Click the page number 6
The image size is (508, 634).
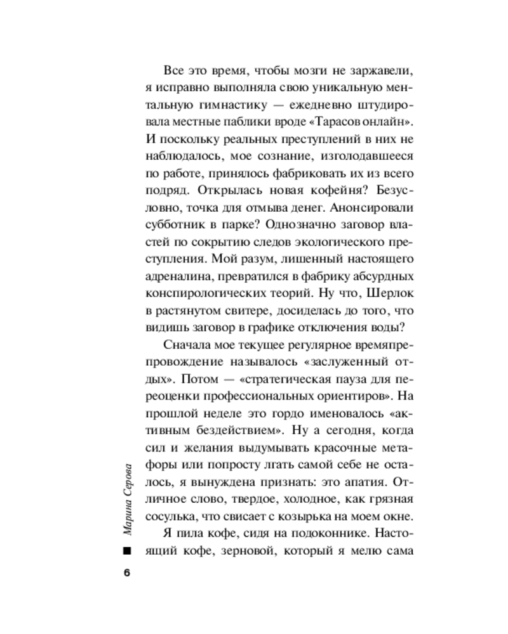[x=126, y=573]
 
